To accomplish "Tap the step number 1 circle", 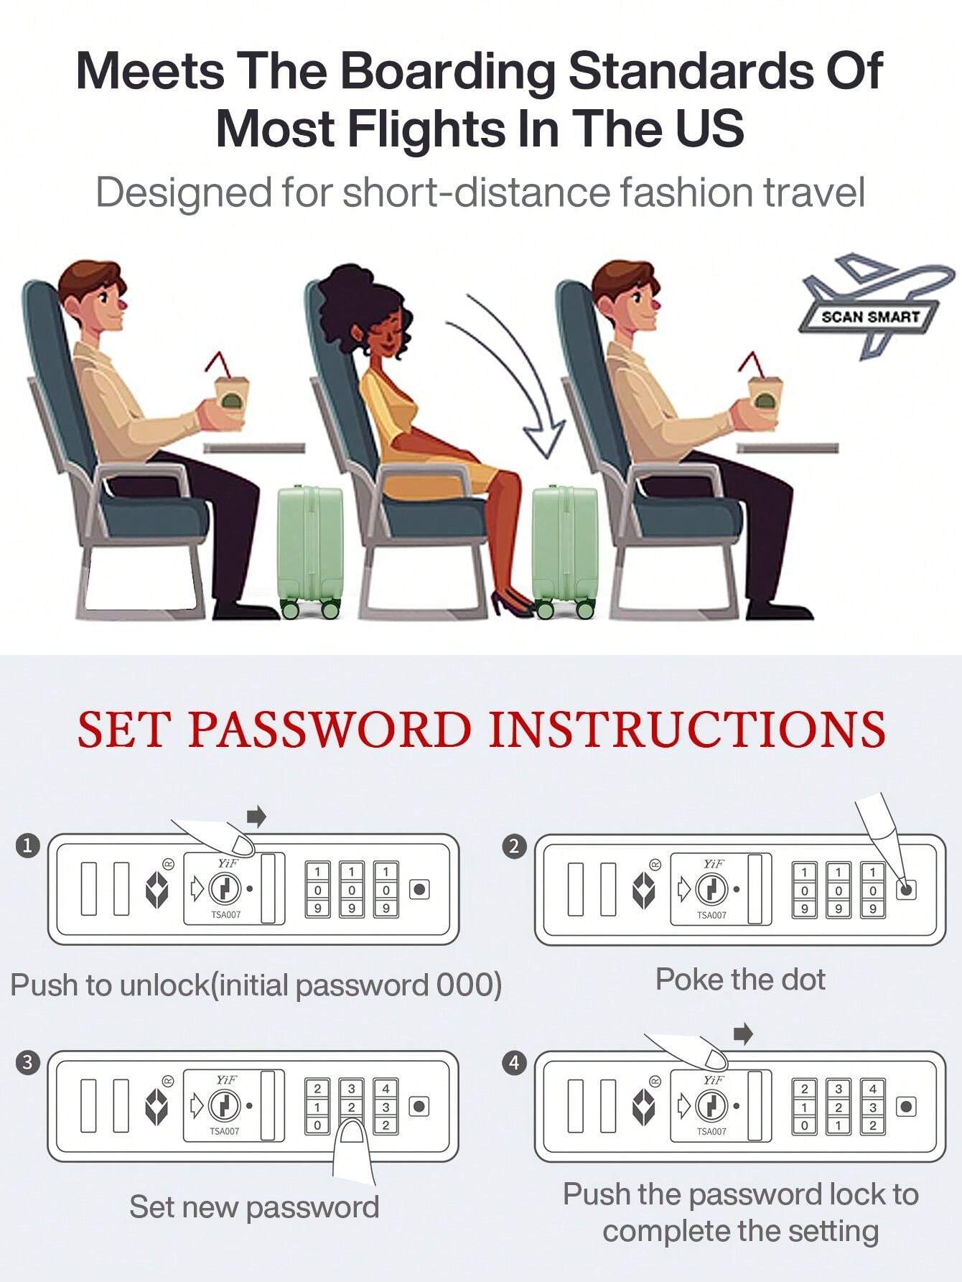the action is tap(28, 845).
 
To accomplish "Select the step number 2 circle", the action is tap(513, 846).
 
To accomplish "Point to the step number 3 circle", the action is tap(28, 1062).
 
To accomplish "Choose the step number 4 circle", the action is tap(513, 1062).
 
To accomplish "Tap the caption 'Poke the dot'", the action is tap(740, 980).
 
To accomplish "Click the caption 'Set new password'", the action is tap(254, 1207).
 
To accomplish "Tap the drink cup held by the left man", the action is tap(233, 402).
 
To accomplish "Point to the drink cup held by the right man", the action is tap(765, 402).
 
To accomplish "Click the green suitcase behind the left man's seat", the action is tap(309, 550).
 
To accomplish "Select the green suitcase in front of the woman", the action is tap(566, 550).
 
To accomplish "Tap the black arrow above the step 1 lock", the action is tap(256, 815).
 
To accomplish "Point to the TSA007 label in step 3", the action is tap(225, 1131).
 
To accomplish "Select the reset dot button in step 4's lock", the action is tap(907, 1107).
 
